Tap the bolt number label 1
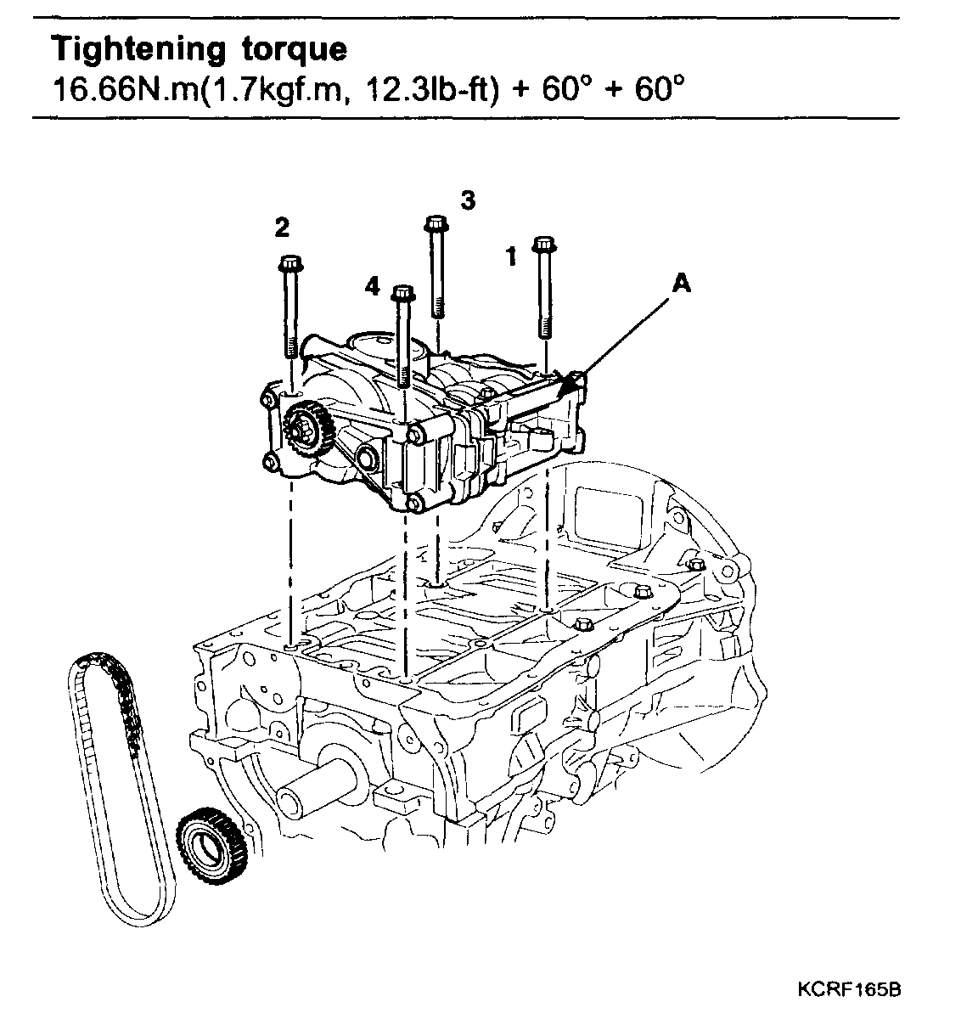511,256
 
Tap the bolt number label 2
281,227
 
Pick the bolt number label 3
468,200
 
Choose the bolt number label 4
373,287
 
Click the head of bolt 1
543,245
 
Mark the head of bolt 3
436,222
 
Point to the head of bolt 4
402,295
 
